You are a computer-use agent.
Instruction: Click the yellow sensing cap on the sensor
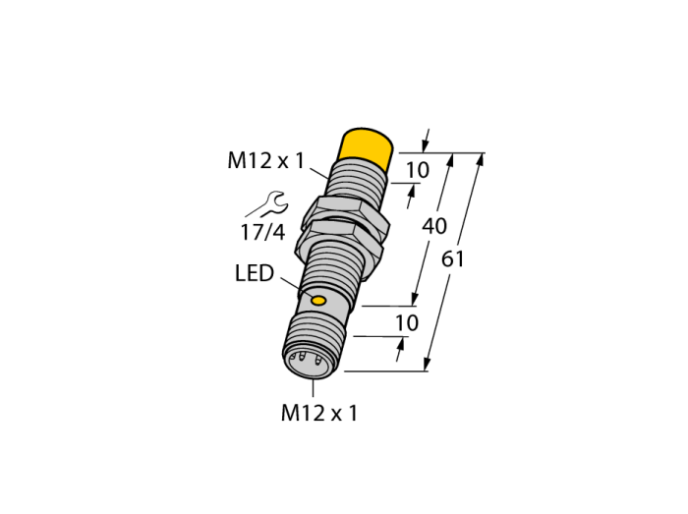pyautogui.click(x=365, y=148)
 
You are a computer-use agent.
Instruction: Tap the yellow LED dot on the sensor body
pyautogui.click(x=318, y=301)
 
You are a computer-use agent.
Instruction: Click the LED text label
pyautogui.click(x=255, y=273)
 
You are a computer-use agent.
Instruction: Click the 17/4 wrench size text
pyautogui.click(x=262, y=232)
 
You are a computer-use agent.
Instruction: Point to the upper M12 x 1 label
pyautogui.click(x=265, y=160)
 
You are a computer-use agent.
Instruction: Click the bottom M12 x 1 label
pyautogui.click(x=319, y=413)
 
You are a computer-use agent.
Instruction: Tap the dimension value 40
pyautogui.click(x=434, y=226)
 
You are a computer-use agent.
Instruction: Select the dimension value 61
pyautogui.click(x=452, y=258)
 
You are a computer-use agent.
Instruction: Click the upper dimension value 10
pyautogui.click(x=418, y=170)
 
